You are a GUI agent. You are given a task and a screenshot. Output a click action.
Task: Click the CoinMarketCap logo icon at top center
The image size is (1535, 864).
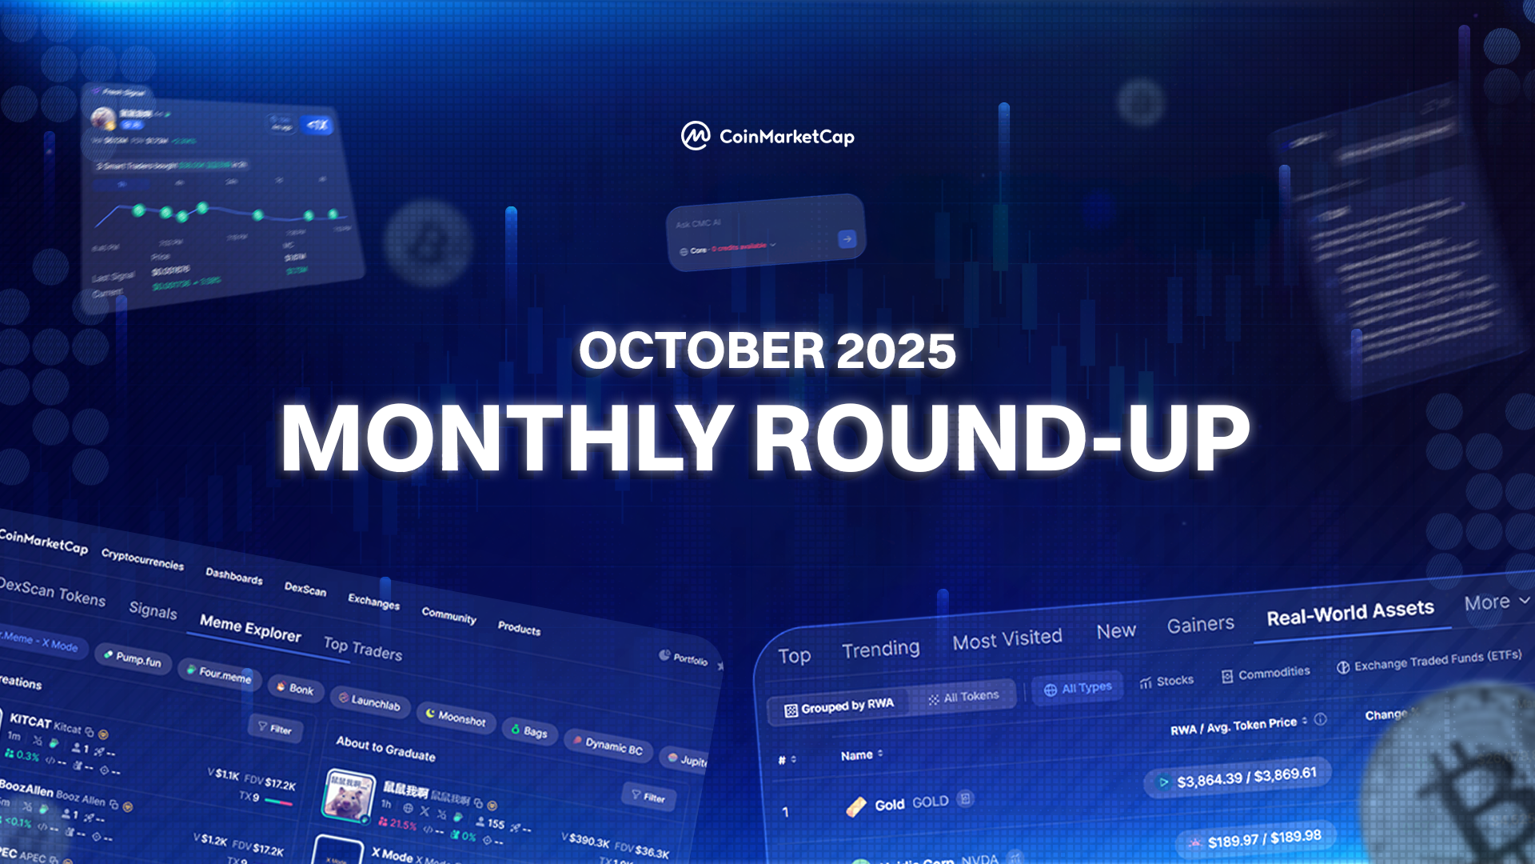click(x=695, y=136)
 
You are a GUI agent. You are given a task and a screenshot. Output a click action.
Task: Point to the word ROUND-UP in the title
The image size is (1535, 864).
click(x=1001, y=438)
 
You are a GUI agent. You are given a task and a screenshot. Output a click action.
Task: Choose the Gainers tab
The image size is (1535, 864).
click(x=1200, y=625)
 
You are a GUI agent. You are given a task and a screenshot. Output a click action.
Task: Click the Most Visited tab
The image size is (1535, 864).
click(x=1007, y=638)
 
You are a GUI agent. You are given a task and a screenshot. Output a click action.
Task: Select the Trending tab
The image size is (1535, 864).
click(x=880, y=649)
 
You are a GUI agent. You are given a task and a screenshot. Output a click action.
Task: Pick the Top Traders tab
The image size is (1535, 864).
click(x=362, y=648)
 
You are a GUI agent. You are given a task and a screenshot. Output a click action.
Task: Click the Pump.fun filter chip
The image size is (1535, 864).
click(x=133, y=658)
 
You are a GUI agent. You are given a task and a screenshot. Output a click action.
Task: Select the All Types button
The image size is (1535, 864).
click(x=1078, y=688)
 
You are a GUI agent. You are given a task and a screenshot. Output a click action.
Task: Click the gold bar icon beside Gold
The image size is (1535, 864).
click(x=855, y=806)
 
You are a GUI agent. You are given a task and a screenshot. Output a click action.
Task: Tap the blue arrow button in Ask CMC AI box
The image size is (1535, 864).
click(x=847, y=238)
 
